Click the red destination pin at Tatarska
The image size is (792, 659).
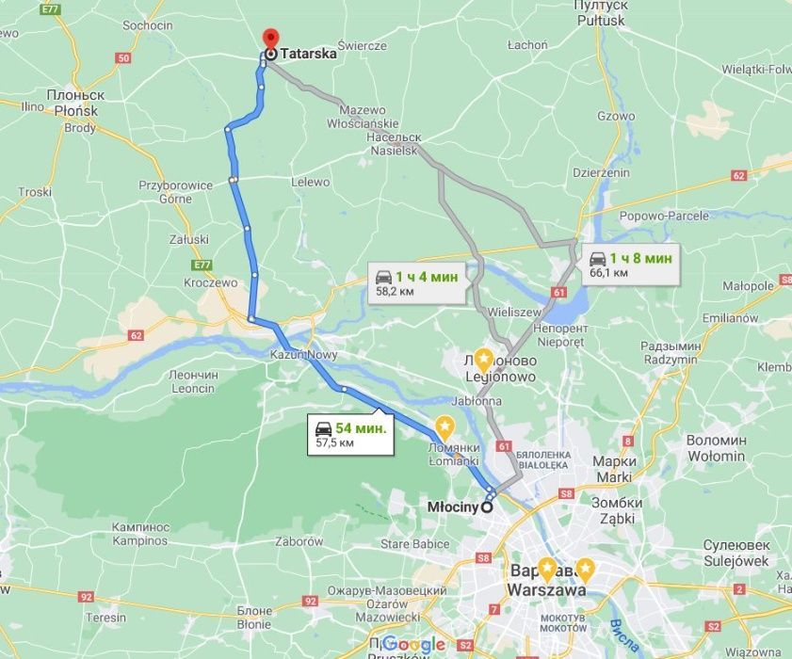coord(269,39)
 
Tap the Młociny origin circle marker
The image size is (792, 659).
coord(487,506)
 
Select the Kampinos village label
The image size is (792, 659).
coord(139,534)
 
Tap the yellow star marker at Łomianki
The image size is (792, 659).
coord(444,426)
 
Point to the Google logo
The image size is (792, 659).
coord(413,644)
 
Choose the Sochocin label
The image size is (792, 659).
coord(148,25)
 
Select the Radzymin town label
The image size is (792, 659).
coord(670,353)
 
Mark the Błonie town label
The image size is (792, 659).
coord(254,617)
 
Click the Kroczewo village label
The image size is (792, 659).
coord(211,281)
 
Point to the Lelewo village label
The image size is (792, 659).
coord(311,182)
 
